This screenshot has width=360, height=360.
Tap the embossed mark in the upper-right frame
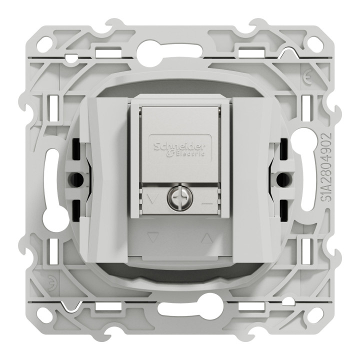(305, 79)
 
